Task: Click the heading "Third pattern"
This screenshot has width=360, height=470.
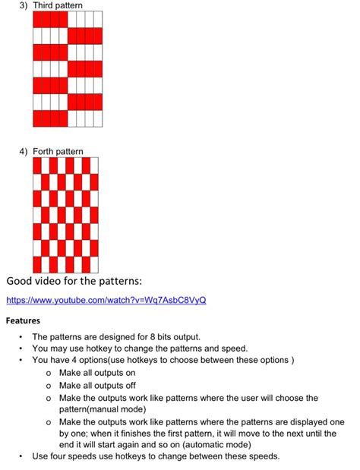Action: pyautogui.click(x=58, y=6)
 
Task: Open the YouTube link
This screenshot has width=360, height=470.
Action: pyautogui.click(x=106, y=300)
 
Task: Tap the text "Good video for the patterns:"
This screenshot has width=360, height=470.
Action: pyautogui.click(x=74, y=282)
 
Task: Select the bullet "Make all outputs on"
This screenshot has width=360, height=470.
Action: pyautogui.click(x=97, y=373)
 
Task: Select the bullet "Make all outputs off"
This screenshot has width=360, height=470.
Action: pyautogui.click(x=97, y=385)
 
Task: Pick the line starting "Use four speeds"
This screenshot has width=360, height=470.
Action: pyautogui.click(x=156, y=456)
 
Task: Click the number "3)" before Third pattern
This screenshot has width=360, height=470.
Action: pyautogui.click(x=24, y=6)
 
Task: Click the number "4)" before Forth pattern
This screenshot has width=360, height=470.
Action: pyautogui.click(x=24, y=152)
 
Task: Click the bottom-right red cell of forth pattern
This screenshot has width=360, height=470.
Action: pyautogui.click(x=94, y=265)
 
